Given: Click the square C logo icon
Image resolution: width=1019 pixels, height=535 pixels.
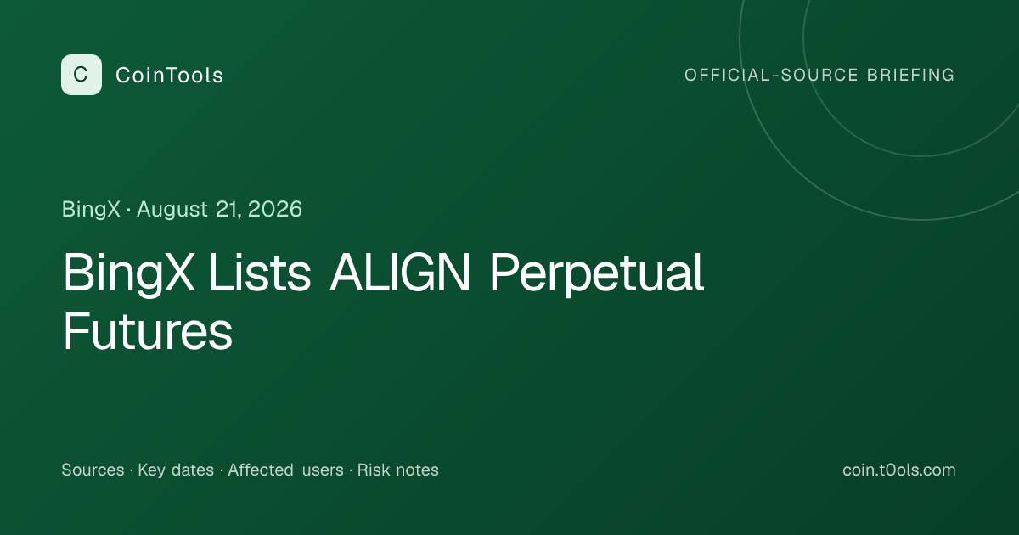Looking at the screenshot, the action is tap(82, 75).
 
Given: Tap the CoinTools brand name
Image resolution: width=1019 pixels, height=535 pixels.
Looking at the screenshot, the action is tap(169, 75).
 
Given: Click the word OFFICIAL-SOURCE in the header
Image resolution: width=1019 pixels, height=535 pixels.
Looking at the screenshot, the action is tap(771, 75).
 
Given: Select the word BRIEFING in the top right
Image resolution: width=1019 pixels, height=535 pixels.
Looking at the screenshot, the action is tap(910, 75).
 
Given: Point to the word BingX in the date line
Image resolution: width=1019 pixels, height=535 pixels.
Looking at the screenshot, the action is tap(91, 210).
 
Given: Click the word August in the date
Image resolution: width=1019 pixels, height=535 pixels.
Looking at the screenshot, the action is tap(172, 210).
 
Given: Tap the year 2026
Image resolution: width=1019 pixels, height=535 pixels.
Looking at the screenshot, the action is tap(275, 209).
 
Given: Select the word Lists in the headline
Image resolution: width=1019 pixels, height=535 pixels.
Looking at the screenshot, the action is tap(260, 273).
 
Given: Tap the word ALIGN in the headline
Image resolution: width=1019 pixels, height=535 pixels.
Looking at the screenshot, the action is tap(400, 273).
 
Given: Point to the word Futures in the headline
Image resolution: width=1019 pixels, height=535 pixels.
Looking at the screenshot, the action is tap(148, 330).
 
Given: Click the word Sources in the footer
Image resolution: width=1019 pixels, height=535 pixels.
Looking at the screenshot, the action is tap(93, 470).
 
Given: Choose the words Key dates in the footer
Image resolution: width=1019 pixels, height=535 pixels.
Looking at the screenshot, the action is tap(176, 470).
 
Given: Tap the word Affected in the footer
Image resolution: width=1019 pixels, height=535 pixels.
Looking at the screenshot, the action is tap(261, 470).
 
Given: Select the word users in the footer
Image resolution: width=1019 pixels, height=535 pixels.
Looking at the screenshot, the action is tap(323, 470).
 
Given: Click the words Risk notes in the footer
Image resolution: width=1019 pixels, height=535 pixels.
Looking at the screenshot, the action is tap(398, 470).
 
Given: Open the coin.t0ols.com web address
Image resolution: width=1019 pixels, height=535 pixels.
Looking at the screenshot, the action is tap(899, 470).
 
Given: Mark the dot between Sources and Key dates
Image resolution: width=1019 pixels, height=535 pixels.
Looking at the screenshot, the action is tap(131, 470).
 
